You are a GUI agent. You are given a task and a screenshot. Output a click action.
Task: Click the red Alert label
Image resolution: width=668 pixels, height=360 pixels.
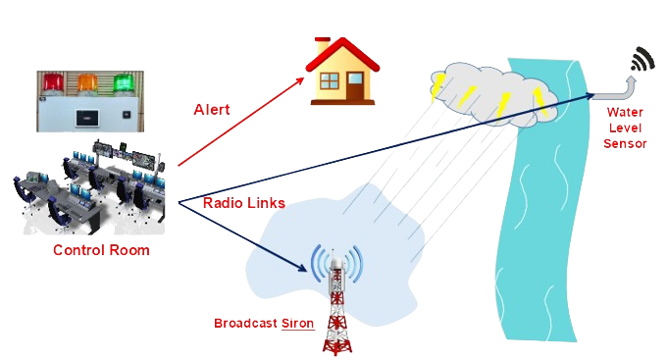212,109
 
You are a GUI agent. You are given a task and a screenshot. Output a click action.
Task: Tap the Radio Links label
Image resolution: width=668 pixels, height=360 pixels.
244,202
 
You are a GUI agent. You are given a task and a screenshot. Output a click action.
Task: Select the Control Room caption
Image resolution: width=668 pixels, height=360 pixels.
101,251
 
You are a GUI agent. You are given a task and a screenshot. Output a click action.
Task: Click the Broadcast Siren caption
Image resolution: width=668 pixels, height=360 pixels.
265,322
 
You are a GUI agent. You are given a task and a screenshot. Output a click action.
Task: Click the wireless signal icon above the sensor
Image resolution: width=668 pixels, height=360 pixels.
642,60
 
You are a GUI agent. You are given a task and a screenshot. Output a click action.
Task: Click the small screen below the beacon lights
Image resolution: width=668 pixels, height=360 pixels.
86,119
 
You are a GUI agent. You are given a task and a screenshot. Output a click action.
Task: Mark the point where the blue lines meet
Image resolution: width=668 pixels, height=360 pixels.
178,202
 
